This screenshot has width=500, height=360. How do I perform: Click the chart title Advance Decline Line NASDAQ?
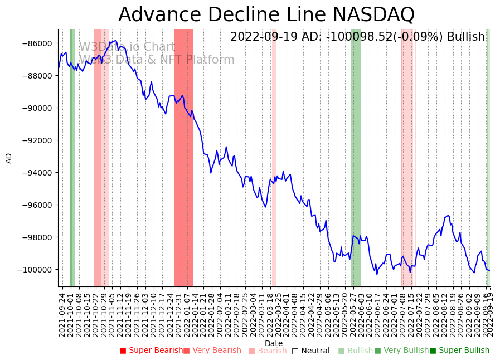[266, 14]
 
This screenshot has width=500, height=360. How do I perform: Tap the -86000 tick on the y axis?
[38, 43]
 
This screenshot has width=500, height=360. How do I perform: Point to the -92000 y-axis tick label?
[38, 140]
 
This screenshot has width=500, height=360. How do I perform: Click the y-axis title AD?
[9, 158]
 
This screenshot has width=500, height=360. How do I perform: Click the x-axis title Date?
[274, 343]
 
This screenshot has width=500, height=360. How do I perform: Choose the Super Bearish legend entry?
[151, 351]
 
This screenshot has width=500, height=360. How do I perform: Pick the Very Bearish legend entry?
[212, 351]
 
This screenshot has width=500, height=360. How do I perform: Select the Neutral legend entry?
[310, 351]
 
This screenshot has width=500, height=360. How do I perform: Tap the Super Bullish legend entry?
[459, 351]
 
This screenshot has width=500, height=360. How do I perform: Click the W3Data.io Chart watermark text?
[127, 47]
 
